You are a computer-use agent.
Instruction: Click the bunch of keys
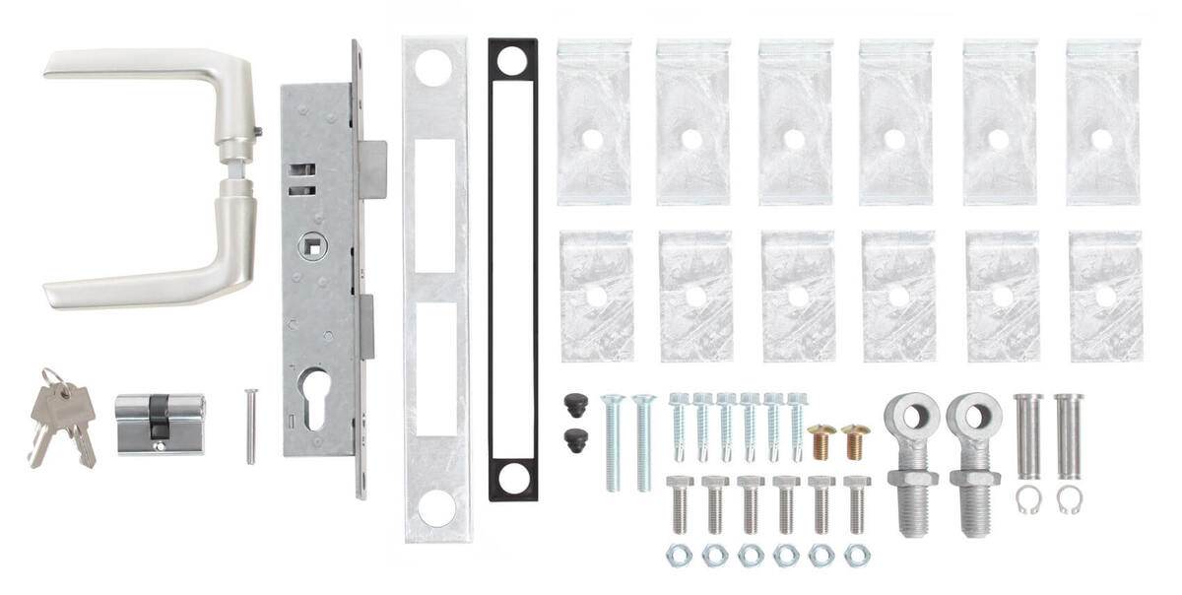click(62, 414)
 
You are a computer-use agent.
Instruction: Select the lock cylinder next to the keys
click(160, 423)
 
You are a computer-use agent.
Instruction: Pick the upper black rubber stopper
click(574, 404)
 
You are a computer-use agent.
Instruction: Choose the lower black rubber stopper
click(574, 440)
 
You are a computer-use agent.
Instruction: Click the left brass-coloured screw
click(821, 440)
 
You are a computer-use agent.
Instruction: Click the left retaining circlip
click(1027, 499)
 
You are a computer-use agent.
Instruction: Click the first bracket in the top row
click(594, 122)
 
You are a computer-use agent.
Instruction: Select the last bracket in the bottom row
click(1105, 296)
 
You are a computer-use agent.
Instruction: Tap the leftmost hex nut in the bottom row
click(679, 555)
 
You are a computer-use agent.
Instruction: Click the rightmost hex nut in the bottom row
click(857, 555)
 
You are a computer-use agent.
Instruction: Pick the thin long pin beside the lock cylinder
click(251, 426)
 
